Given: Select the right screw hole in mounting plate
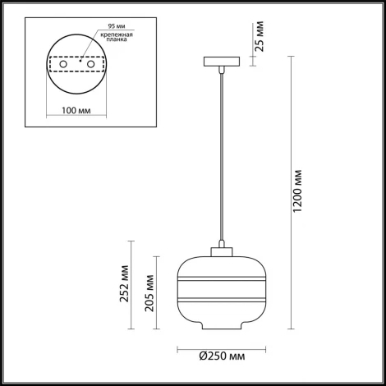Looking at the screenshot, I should point(92,63).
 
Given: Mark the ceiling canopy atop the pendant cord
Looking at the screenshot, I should point(221,62).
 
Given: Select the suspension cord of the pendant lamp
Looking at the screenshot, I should point(221,156).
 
